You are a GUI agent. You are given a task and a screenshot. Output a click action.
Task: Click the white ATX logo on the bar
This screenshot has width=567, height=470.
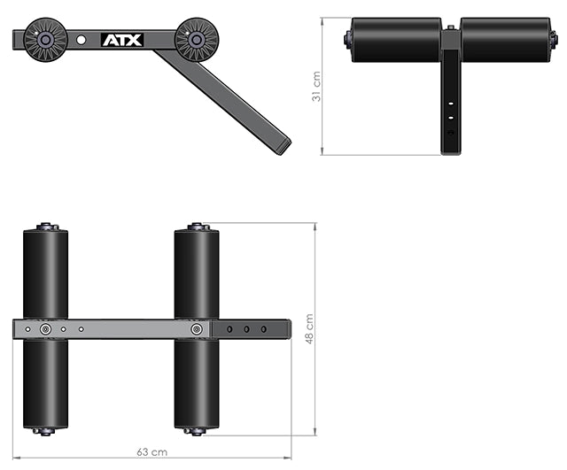click(121, 40)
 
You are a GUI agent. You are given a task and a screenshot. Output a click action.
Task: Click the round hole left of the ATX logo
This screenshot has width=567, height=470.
click(82, 40)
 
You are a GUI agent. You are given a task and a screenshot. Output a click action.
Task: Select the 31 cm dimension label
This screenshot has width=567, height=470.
click(316, 87)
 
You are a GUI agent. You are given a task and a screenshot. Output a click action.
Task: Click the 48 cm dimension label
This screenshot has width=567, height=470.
click(309, 328)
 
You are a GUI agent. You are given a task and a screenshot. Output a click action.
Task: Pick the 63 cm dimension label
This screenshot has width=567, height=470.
click(151, 452)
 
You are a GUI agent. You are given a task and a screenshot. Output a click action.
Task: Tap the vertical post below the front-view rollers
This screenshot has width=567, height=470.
click(451, 106)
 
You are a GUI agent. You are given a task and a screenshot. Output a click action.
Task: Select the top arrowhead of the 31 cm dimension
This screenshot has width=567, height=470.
click(322, 19)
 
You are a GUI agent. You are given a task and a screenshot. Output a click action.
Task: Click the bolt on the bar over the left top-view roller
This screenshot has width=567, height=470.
click(45, 328)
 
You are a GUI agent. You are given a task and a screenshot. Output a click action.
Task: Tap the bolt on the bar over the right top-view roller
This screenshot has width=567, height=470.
click(196, 328)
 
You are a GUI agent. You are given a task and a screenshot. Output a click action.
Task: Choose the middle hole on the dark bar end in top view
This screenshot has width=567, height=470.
click(246, 328)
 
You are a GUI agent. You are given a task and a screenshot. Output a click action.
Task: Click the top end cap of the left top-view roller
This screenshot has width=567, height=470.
click(45, 226)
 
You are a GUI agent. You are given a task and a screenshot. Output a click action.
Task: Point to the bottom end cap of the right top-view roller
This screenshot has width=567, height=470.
click(196, 432)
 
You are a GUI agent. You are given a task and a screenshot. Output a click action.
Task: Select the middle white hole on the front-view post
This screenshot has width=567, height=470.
click(451, 116)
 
